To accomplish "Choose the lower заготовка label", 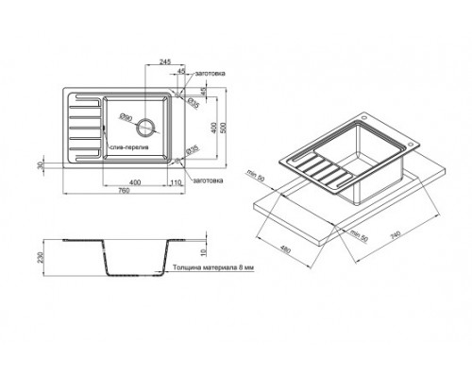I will [x=207, y=179].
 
